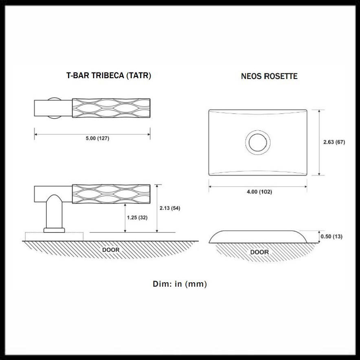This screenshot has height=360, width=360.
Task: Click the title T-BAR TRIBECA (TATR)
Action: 108,76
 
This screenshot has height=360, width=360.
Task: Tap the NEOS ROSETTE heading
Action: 269,76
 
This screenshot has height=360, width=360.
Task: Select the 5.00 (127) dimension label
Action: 97,138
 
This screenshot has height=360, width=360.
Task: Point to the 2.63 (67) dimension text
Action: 334,142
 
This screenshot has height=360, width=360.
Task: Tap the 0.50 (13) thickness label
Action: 331,237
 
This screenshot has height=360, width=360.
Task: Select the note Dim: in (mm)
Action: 180,284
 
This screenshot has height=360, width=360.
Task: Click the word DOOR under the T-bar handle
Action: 111,249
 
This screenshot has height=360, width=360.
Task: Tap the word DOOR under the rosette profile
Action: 259,252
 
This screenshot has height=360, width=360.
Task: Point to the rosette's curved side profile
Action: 257,236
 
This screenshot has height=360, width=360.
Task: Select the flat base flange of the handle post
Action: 54,230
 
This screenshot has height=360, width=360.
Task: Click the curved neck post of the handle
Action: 54,212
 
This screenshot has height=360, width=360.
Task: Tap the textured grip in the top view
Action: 111,108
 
